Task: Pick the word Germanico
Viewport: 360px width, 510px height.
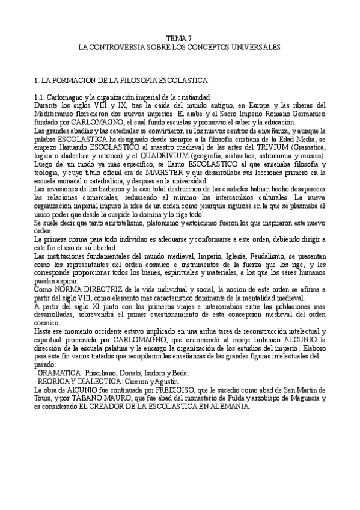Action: [307, 113]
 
